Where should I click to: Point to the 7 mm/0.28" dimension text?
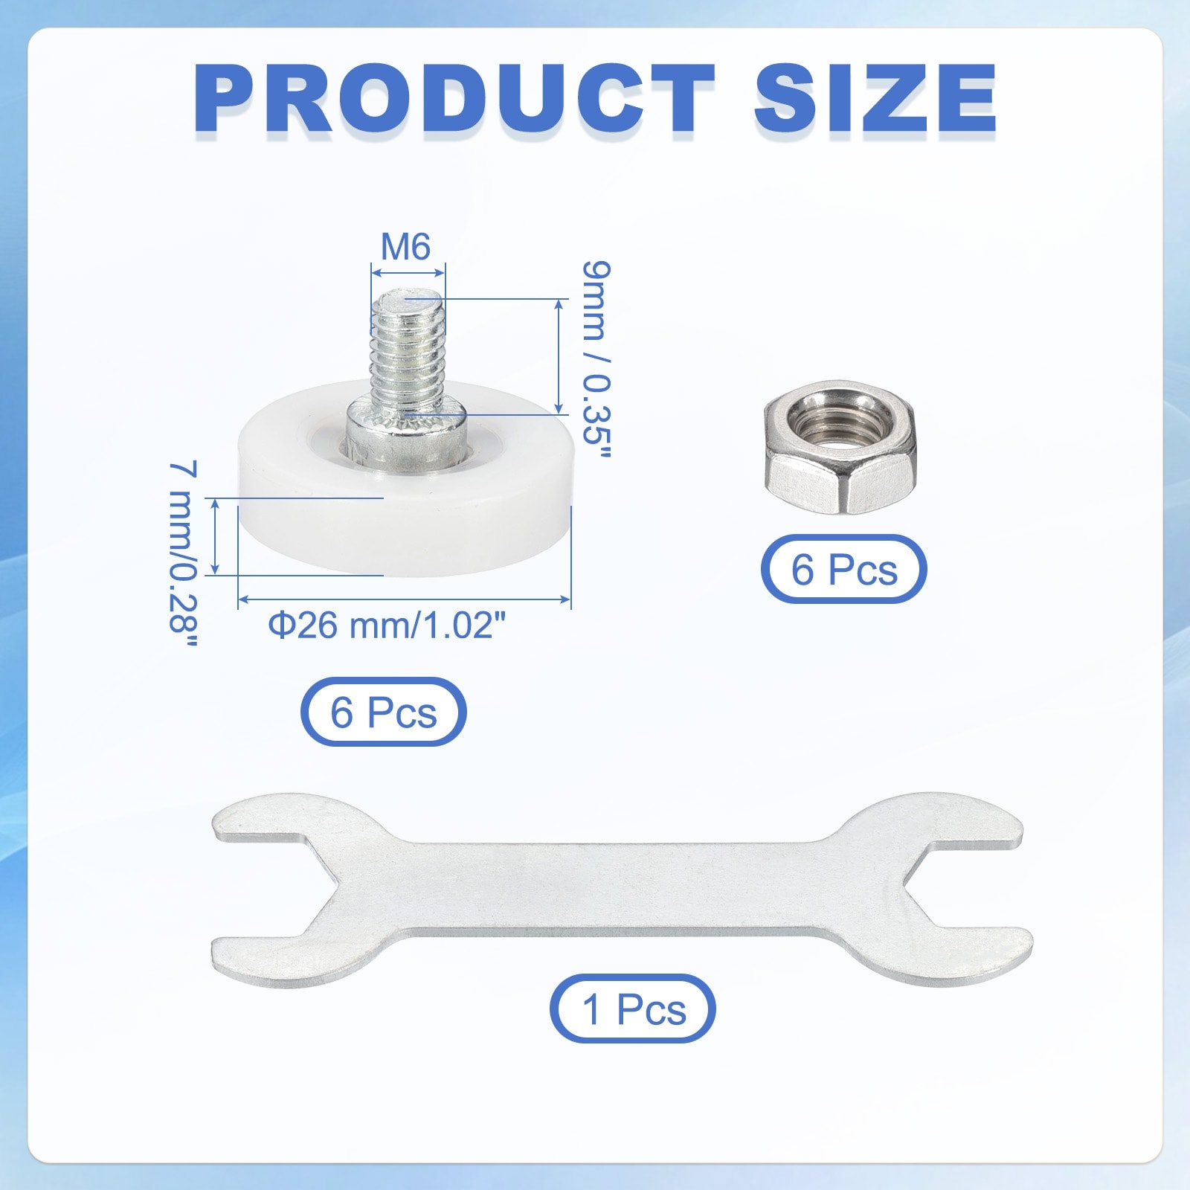pos(183,554)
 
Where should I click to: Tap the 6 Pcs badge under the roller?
pos(383,712)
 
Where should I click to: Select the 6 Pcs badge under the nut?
pos(843,570)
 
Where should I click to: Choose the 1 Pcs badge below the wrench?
pos(633,1009)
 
